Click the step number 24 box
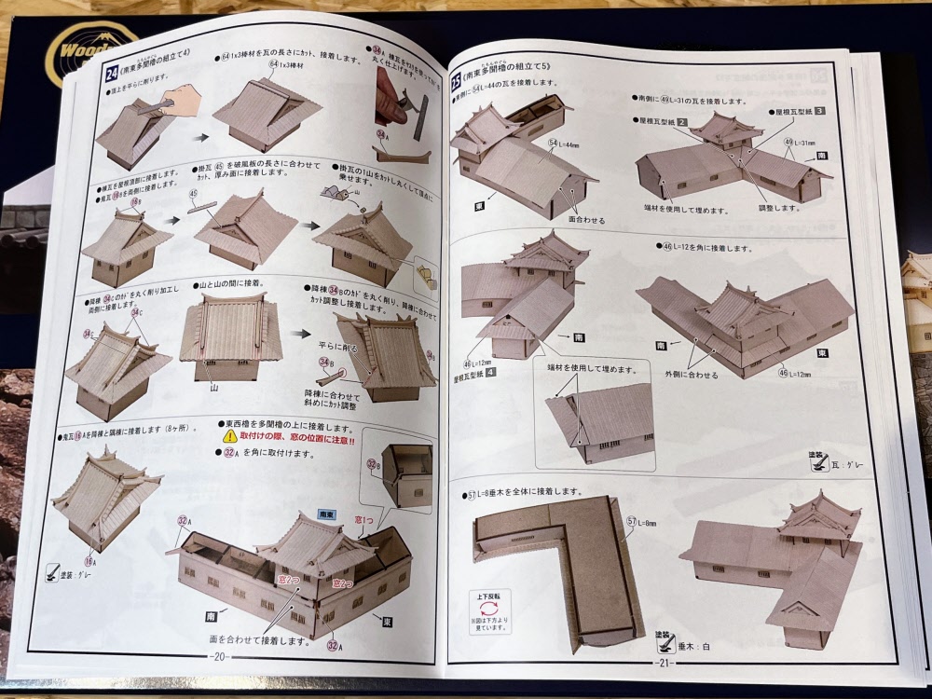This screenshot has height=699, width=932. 110,74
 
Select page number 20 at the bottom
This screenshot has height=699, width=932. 220,655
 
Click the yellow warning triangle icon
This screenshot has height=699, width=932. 228,436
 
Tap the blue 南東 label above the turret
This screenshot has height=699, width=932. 326,513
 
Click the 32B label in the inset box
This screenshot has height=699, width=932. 373,464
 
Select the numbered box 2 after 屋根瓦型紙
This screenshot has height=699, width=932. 682,122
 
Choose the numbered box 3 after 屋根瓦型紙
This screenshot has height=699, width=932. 819,111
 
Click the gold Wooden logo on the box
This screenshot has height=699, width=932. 89,51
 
